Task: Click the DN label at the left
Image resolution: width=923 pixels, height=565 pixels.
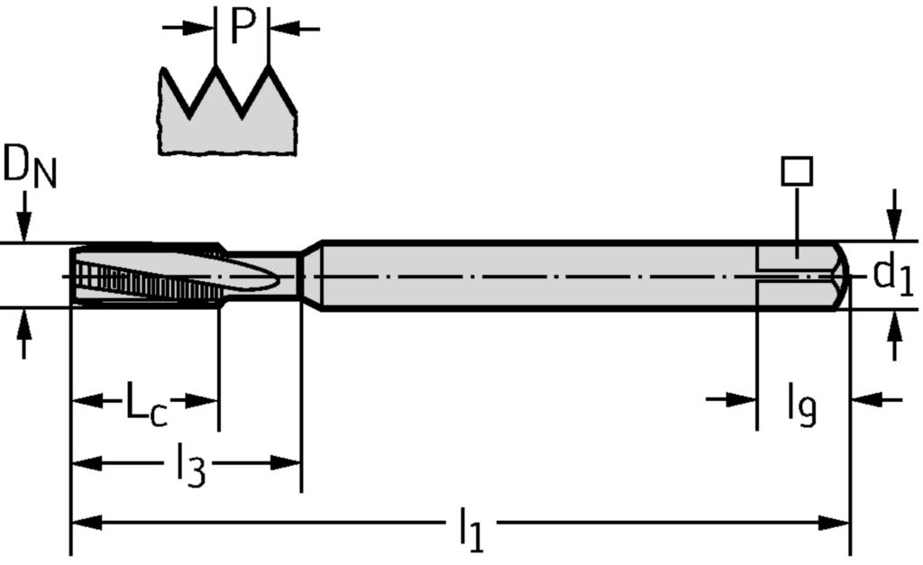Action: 29,169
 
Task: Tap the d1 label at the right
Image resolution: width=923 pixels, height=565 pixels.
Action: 892,275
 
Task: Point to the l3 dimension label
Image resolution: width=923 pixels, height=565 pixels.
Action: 189,467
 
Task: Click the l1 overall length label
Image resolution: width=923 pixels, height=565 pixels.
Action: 470,529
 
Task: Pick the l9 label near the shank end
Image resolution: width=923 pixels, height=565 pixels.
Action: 801,403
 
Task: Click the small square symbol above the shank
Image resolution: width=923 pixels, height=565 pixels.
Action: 798,171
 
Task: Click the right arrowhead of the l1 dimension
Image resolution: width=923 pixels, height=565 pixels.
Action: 838,523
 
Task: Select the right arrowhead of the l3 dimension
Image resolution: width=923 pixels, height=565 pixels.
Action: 288,463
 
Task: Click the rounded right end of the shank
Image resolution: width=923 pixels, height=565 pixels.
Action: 842,275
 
